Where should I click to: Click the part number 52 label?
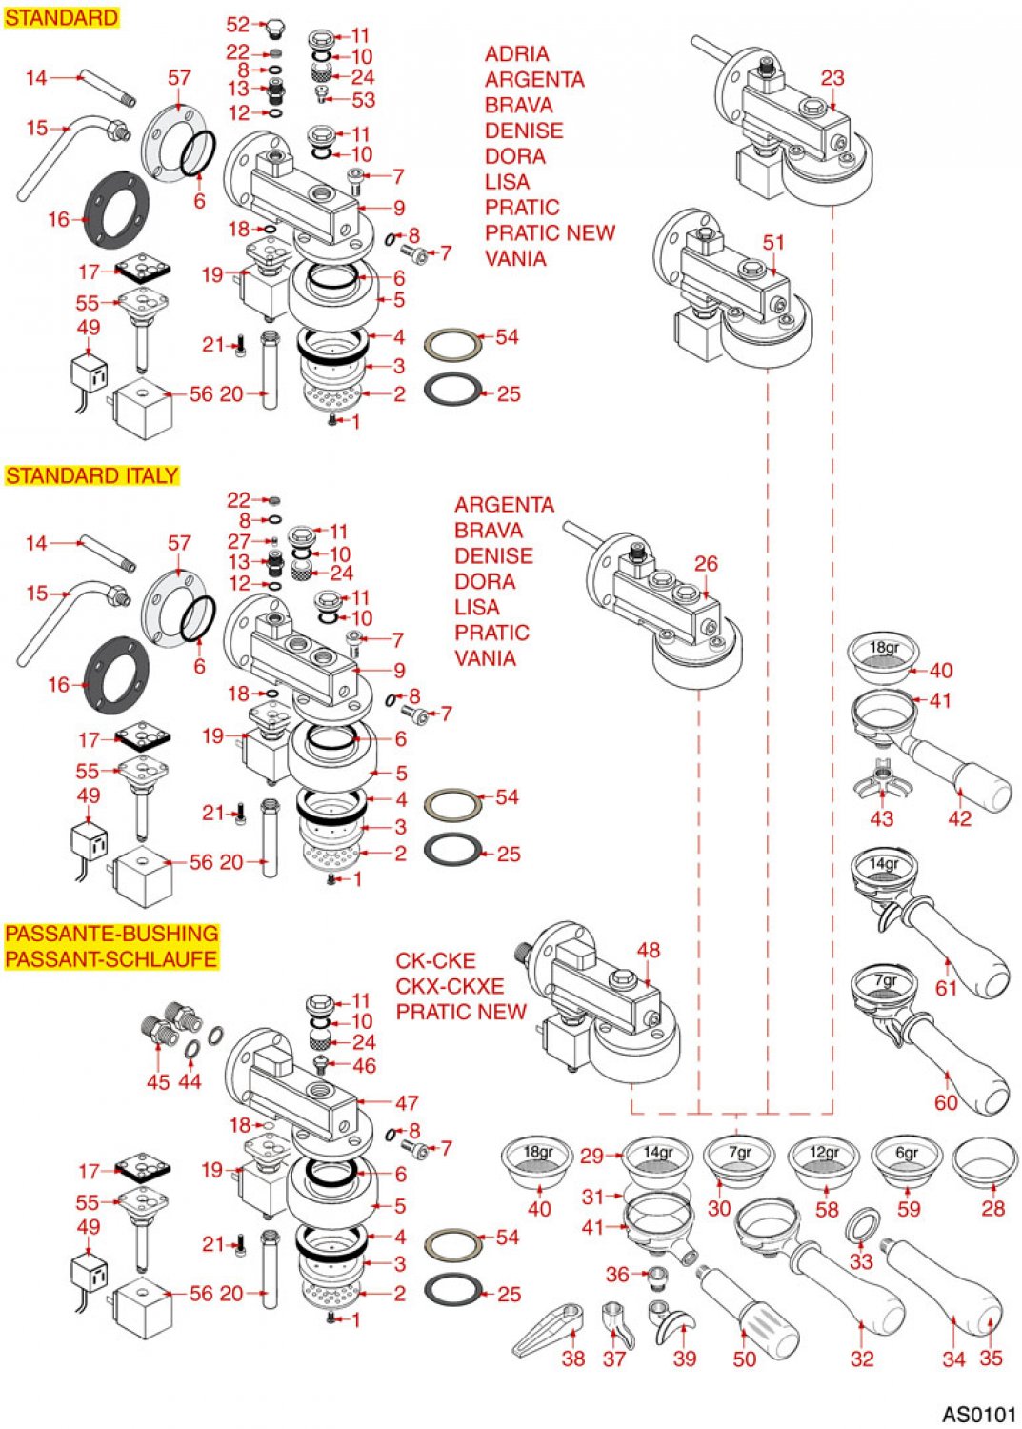coord(237,25)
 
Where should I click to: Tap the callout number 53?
coord(363,100)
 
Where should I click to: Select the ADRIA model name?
coord(516,54)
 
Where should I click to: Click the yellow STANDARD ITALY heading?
coord(91,475)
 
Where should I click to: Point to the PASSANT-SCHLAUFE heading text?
coord(111,958)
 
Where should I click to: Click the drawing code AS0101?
coord(979,1414)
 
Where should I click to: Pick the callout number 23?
coord(832,78)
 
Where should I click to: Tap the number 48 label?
coord(648,950)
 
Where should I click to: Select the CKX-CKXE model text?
coord(450,986)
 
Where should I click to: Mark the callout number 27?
coord(238,541)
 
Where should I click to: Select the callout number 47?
coord(407,1102)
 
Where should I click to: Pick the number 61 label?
coord(945,988)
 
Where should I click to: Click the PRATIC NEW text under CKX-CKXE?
coord(461,1012)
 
